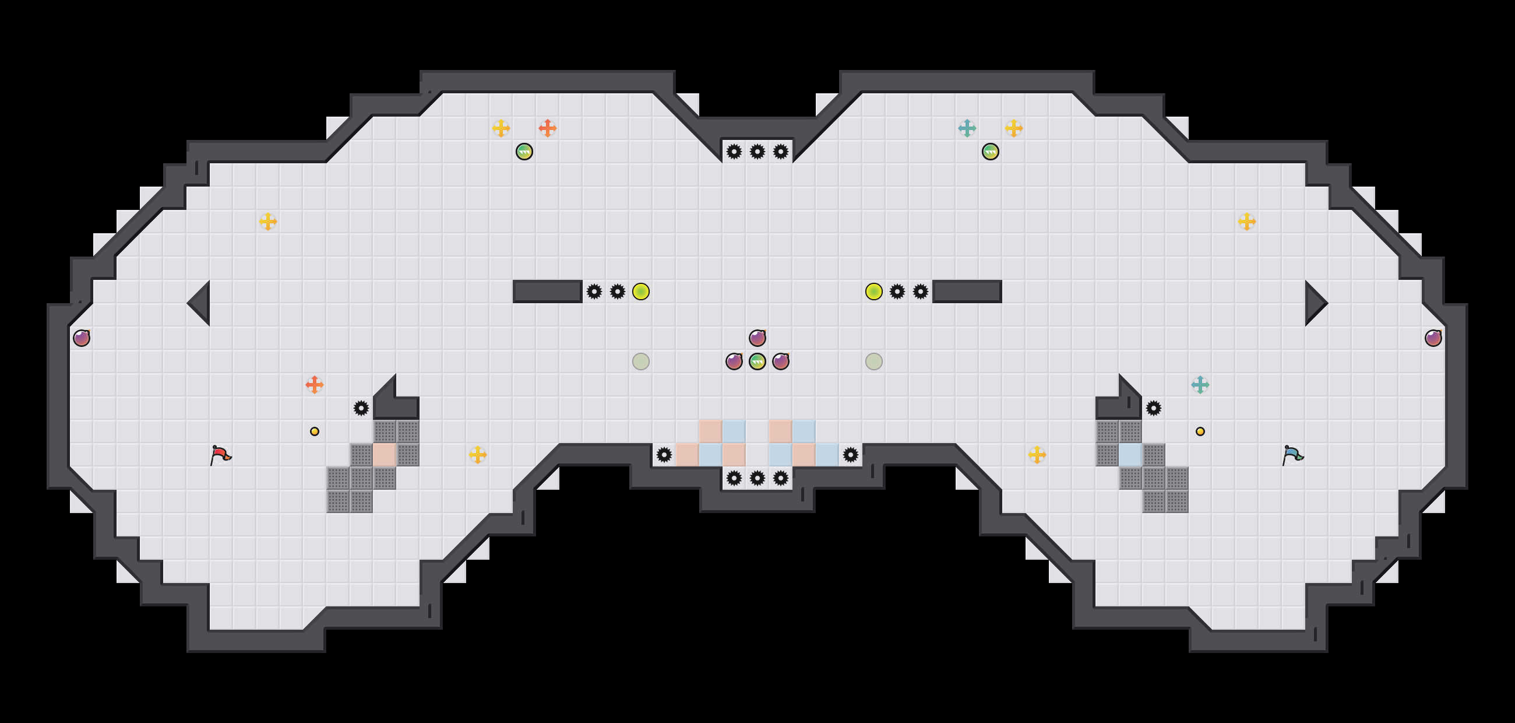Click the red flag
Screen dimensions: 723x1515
pos(220,455)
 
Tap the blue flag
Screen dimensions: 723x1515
pos(1292,455)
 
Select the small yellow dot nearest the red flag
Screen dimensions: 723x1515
pos(315,431)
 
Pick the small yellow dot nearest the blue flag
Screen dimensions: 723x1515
pos(1200,431)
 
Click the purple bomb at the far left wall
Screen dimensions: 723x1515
pos(82,338)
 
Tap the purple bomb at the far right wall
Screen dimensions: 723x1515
pos(1433,338)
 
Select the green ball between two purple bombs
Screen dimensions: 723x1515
pos(757,361)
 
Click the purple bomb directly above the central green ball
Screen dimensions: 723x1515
pos(757,338)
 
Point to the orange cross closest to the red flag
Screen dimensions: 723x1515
pos(315,385)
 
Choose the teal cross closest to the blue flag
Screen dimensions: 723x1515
pos(1200,385)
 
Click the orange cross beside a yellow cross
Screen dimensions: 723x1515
pos(548,128)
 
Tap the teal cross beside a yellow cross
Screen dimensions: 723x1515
pos(967,128)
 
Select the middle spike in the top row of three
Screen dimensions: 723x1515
pos(757,152)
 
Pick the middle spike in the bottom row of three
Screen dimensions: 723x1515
pos(757,478)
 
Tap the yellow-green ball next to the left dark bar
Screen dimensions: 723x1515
pos(641,291)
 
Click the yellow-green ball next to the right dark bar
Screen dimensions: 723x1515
pos(874,291)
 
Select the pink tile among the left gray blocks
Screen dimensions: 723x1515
pos(385,455)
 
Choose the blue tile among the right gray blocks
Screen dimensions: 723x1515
pos(1130,455)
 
